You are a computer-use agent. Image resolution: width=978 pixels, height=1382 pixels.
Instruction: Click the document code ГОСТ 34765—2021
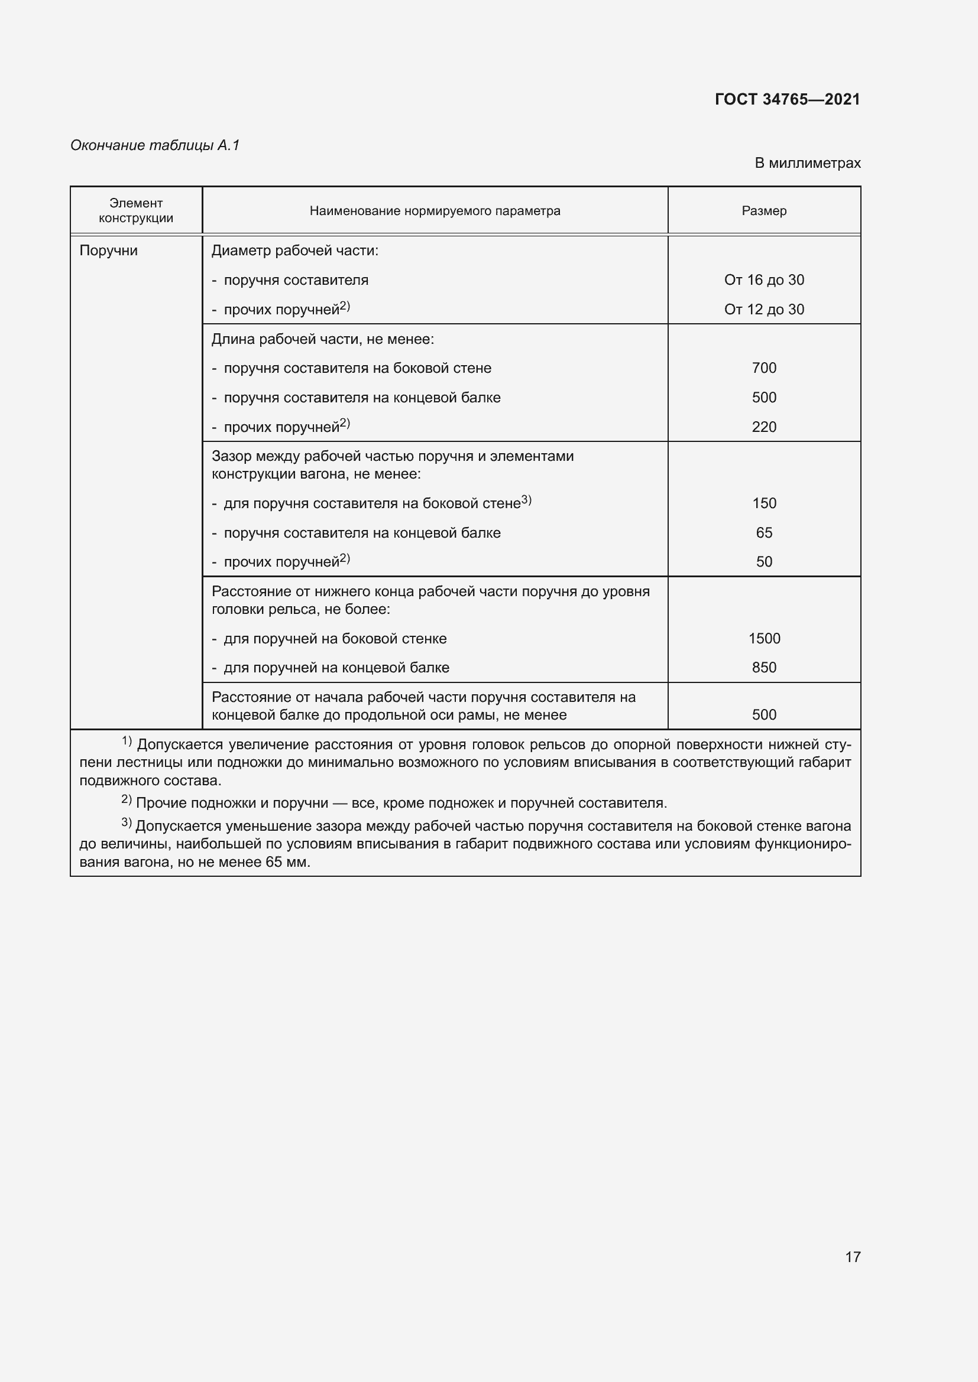coord(787,99)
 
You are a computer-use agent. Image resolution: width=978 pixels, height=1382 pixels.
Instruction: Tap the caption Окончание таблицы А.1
coord(155,145)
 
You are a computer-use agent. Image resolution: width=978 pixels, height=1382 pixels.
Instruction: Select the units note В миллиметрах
coord(807,163)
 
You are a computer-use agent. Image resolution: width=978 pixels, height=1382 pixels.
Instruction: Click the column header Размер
coord(763,211)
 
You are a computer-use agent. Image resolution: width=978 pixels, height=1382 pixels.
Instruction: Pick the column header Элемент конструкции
coord(136,211)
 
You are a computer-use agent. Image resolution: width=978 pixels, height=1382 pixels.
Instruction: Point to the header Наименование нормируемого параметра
coord(435,211)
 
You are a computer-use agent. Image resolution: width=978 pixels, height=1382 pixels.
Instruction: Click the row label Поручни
coord(108,251)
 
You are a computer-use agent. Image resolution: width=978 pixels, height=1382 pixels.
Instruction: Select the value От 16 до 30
coord(763,280)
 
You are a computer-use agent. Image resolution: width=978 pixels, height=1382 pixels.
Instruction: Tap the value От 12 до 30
coord(763,310)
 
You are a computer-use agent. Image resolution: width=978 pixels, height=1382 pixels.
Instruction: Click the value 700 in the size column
coord(763,368)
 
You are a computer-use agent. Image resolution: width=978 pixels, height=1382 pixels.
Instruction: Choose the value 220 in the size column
coord(763,427)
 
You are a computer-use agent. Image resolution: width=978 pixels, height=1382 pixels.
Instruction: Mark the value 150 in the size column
coord(763,503)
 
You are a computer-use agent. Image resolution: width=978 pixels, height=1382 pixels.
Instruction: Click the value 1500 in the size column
coord(763,638)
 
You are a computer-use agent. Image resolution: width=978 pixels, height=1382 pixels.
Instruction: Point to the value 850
coord(763,668)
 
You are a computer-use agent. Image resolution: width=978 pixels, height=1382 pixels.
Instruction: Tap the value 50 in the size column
coord(763,561)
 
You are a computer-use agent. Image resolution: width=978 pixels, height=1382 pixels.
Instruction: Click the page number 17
coord(853,1257)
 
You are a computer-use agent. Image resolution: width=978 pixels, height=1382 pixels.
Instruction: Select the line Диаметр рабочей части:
coord(295,251)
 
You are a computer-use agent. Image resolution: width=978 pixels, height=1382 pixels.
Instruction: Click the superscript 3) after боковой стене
coord(526,500)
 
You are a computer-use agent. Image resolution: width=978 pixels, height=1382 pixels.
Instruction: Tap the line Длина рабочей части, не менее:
coord(323,339)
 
